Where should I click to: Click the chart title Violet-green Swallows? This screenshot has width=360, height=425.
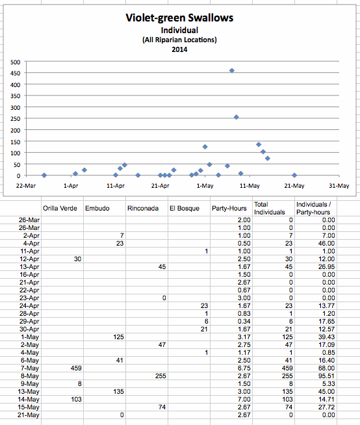point(179,18)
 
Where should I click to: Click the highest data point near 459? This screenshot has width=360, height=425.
point(232,70)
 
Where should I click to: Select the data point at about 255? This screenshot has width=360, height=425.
point(236,117)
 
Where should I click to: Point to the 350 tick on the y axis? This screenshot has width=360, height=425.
point(16,96)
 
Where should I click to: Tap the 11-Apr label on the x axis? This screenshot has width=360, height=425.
point(116,186)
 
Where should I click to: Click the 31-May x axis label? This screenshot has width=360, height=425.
point(339,186)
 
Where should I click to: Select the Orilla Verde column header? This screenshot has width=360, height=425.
point(60,209)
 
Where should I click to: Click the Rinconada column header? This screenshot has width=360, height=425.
point(143,209)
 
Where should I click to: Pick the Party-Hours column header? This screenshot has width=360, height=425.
point(229,208)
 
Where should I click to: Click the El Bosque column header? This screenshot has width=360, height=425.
point(185,209)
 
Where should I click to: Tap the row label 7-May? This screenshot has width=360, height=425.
point(29,368)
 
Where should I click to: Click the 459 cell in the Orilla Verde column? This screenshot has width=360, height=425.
point(76,368)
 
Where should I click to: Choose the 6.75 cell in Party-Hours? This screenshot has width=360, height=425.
point(244,368)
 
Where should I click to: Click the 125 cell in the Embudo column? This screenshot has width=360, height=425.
point(118,337)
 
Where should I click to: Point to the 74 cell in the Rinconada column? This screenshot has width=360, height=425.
point(162,407)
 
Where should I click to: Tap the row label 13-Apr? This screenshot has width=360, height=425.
point(29,266)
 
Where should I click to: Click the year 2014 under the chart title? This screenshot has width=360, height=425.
point(179,49)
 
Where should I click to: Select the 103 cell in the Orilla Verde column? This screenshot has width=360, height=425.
point(76,399)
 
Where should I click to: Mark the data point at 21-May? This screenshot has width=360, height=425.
point(294,175)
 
